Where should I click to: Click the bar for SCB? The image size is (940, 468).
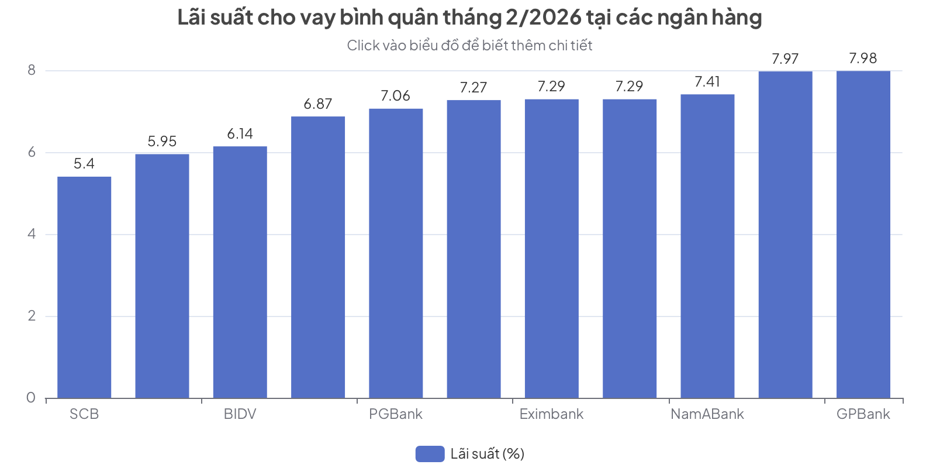click(84, 287)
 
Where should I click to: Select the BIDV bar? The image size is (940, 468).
click(240, 272)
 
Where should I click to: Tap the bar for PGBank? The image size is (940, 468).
click(396, 253)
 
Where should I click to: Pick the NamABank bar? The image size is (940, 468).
click(707, 246)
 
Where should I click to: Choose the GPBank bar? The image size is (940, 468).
click(863, 235)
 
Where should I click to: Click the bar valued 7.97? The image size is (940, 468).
click(785, 235)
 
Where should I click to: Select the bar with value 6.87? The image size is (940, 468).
click(318, 257)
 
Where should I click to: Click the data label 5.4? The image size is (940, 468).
click(84, 164)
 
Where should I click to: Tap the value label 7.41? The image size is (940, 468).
click(707, 82)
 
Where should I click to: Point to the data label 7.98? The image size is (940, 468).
click(863, 58)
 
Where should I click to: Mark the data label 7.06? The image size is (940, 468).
click(396, 96)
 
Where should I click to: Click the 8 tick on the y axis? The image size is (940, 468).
click(32, 70)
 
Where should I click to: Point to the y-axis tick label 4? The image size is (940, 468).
click(32, 234)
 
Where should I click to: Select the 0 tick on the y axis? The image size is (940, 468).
click(32, 398)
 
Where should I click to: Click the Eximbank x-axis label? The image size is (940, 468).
click(551, 414)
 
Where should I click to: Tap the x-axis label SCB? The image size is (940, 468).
click(84, 414)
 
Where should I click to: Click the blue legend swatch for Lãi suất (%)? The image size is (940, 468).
click(430, 454)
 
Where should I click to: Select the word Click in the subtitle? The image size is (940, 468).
click(362, 46)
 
